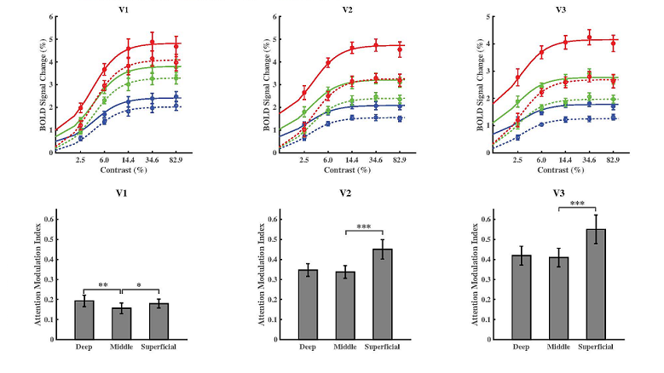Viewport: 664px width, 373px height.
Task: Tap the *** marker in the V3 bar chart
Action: (x=575, y=204)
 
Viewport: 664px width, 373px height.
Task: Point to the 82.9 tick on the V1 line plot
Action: (x=176, y=160)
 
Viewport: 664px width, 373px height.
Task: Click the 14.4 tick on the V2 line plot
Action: (x=352, y=160)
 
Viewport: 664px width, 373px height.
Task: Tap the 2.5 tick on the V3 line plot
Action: (x=517, y=160)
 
